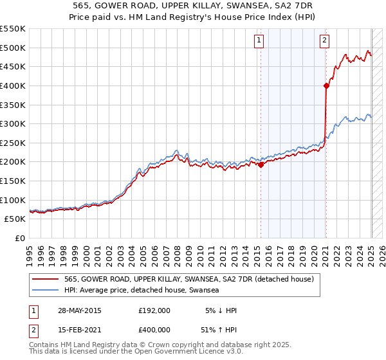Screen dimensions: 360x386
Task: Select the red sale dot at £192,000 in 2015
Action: tap(261, 165)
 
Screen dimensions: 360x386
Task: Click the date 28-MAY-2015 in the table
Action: tap(80, 310)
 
